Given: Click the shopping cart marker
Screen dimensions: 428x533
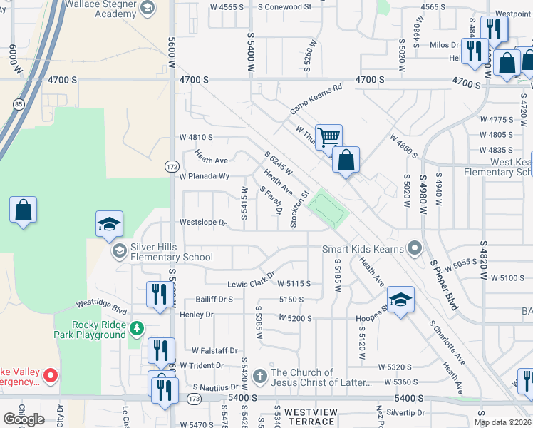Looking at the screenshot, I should [328, 136].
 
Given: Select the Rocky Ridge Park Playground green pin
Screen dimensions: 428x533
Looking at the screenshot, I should [136, 328].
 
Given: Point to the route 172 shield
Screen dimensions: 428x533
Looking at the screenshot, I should [172, 166].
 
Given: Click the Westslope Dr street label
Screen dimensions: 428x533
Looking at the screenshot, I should [202, 223].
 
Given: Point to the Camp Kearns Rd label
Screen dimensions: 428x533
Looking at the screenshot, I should [316, 99].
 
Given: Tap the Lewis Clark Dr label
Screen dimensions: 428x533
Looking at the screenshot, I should [251, 279].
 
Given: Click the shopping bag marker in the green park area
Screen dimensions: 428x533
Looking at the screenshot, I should [24, 210].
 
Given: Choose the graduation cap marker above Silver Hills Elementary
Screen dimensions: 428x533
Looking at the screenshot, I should [109, 224].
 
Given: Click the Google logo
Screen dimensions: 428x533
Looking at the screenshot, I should [24, 419].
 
